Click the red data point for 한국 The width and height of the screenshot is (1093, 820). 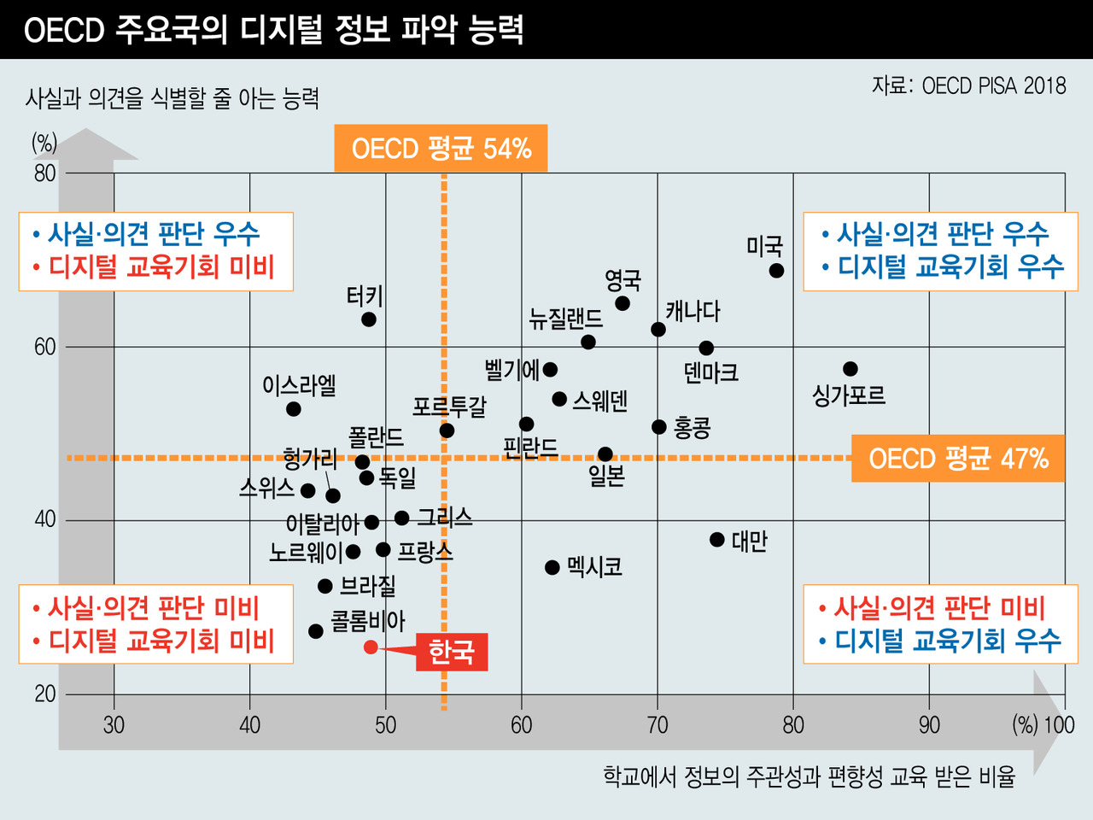pos(371,647)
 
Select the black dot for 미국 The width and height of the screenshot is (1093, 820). pos(776,271)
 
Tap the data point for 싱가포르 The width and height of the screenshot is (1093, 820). pos(850,369)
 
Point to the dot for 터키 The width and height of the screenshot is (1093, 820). pos(369,319)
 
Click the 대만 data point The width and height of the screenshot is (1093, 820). pos(717,540)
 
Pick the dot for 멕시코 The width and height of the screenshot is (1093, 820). pos(552,567)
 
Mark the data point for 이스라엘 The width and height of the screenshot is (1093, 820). pos(294,409)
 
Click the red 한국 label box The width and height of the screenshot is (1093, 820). pos(451,652)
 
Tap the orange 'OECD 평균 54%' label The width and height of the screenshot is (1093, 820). pos(441,149)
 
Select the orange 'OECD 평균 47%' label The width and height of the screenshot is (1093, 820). pos(957,459)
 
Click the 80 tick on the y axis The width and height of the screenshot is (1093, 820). pos(44,173)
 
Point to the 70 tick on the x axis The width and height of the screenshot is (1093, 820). pos(658,725)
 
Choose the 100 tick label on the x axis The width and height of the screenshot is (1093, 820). pos(1059,725)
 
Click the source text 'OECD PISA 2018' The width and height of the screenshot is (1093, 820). pos(994,85)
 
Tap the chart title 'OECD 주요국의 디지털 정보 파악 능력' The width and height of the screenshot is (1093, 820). pos(273,30)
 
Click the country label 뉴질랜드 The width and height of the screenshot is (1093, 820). pos(565,319)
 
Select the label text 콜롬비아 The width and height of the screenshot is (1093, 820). pos(368,620)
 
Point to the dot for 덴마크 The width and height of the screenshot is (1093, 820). pos(706,348)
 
